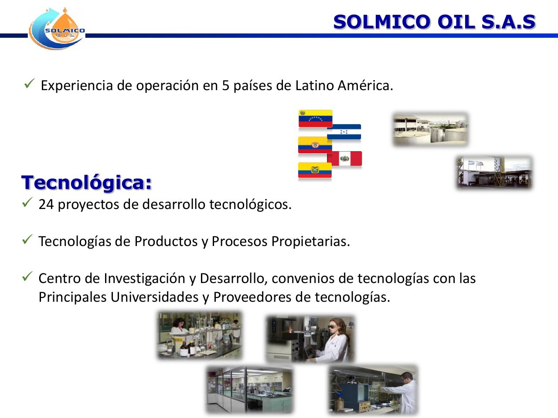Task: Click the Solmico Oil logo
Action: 57,29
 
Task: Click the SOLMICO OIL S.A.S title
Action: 434,21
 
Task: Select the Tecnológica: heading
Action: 87,182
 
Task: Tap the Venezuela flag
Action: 315,118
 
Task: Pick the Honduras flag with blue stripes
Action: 344,132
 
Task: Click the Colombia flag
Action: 314,145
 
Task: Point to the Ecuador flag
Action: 315,170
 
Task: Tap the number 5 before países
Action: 226,85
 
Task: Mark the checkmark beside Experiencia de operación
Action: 29,83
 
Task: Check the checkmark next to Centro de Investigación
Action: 27,276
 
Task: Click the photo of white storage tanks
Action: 430,129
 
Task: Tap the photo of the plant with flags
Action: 494,173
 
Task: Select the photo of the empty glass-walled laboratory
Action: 249,389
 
